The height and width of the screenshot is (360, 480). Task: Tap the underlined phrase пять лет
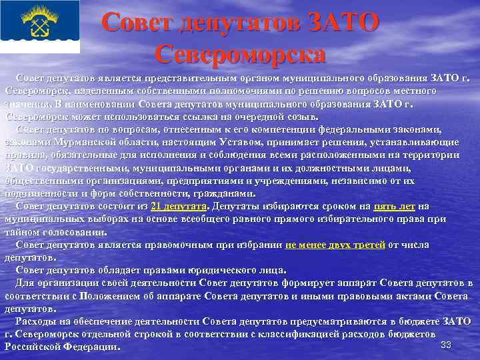coord(395,205)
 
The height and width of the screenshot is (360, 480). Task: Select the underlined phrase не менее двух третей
coord(335,245)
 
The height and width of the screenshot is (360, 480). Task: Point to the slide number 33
coord(446,344)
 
